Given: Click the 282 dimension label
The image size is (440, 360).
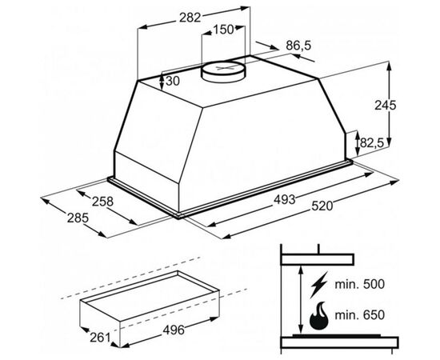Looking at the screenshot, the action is click(190, 18).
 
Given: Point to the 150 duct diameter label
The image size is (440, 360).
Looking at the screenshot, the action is click(223, 30).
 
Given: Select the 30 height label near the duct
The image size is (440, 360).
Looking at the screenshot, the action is click(172, 82).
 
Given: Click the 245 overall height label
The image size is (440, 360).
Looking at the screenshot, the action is click(386, 106).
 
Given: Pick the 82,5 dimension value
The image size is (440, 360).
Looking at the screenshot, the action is click(372, 143).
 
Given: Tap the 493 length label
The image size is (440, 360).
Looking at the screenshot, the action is click(285, 199).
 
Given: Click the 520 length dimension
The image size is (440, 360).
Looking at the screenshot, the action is click(322, 206).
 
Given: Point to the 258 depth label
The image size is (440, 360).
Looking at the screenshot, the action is click(102, 202).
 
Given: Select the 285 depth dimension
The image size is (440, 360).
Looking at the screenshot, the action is click(78, 218).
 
